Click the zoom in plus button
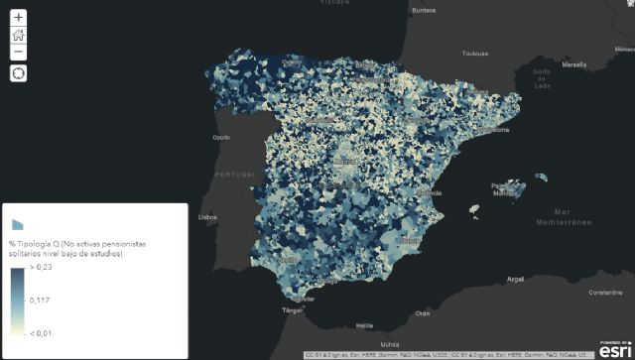19,18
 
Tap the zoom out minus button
19,52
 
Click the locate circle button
19,73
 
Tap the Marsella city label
573,64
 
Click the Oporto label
220,138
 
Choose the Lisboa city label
207,216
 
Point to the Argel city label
514,280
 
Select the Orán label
423,313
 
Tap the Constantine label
605,293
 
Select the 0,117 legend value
41,300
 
